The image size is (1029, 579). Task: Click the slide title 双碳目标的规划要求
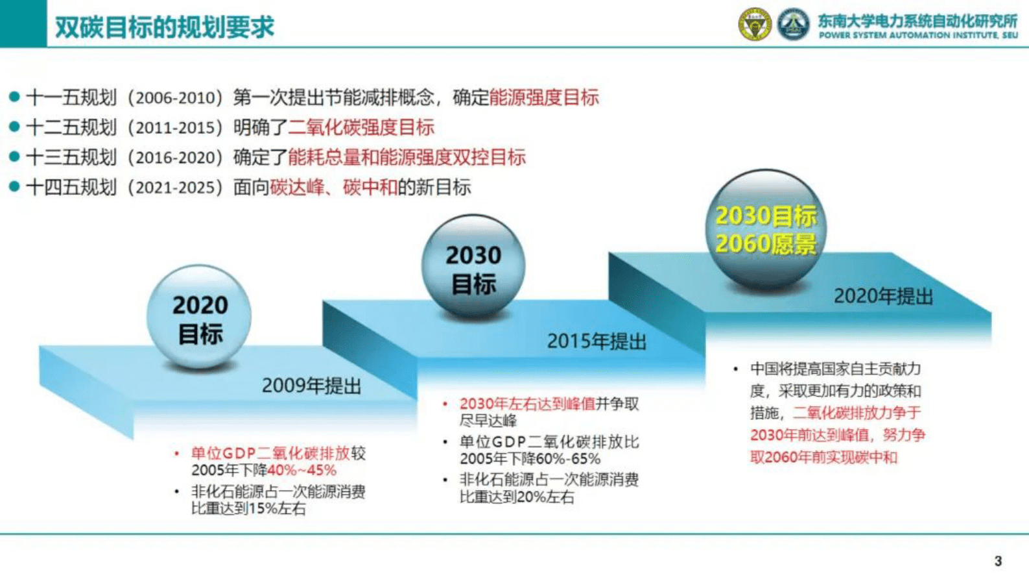(165, 27)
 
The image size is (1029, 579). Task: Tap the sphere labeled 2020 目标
(199, 317)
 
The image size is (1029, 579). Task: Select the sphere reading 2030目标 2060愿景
(766, 229)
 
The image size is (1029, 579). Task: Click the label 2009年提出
(311, 386)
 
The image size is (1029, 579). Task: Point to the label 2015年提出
(597, 341)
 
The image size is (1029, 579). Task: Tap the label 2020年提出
(883, 297)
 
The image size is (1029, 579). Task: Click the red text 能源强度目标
(544, 98)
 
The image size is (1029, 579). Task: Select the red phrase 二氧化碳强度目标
(361, 128)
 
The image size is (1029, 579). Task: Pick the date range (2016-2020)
(175, 158)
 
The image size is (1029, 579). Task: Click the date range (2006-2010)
(175, 98)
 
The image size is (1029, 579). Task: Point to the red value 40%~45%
(302, 471)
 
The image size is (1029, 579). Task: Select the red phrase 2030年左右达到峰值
(527, 404)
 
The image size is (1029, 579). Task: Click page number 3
(998, 561)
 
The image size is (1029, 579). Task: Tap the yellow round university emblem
(755, 25)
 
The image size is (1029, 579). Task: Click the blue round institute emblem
(793, 25)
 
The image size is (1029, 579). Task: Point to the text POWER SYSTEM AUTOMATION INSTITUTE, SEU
(918, 36)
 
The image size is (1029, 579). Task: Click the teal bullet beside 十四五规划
(14, 187)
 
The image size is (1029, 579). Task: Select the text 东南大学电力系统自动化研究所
(917, 21)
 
